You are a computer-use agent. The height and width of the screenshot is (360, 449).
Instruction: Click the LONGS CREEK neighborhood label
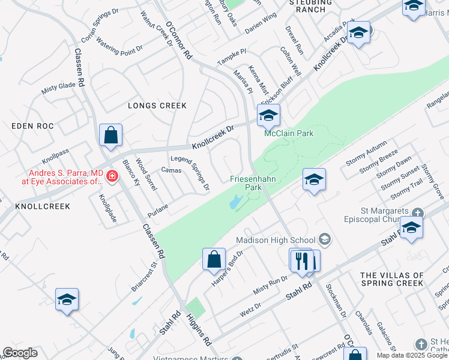click(x=157, y=106)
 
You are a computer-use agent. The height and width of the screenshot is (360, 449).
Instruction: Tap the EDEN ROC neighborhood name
click(x=32, y=126)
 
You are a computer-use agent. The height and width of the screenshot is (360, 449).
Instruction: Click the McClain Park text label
click(x=289, y=134)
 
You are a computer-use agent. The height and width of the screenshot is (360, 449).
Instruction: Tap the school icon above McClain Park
click(x=268, y=115)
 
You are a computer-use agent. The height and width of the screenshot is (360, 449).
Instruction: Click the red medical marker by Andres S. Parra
click(x=112, y=176)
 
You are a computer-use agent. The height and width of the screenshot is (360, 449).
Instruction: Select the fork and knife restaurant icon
click(x=301, y=260)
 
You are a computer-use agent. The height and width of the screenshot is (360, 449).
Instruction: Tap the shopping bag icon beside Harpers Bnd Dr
click(x=214, y=259)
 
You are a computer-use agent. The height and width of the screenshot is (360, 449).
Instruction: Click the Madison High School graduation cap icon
click(x=325, y=240)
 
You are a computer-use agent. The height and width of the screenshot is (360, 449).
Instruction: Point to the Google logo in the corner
click(x=20, y=353)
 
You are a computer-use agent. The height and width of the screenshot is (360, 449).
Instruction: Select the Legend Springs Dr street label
click(x=190, y=173)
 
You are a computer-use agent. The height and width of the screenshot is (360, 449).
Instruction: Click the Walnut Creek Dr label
click(x=156, y=28)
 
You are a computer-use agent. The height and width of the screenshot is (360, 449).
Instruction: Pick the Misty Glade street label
click(x=58, y=88)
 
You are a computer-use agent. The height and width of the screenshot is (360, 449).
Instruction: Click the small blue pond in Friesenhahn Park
click(x=233, y=204)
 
